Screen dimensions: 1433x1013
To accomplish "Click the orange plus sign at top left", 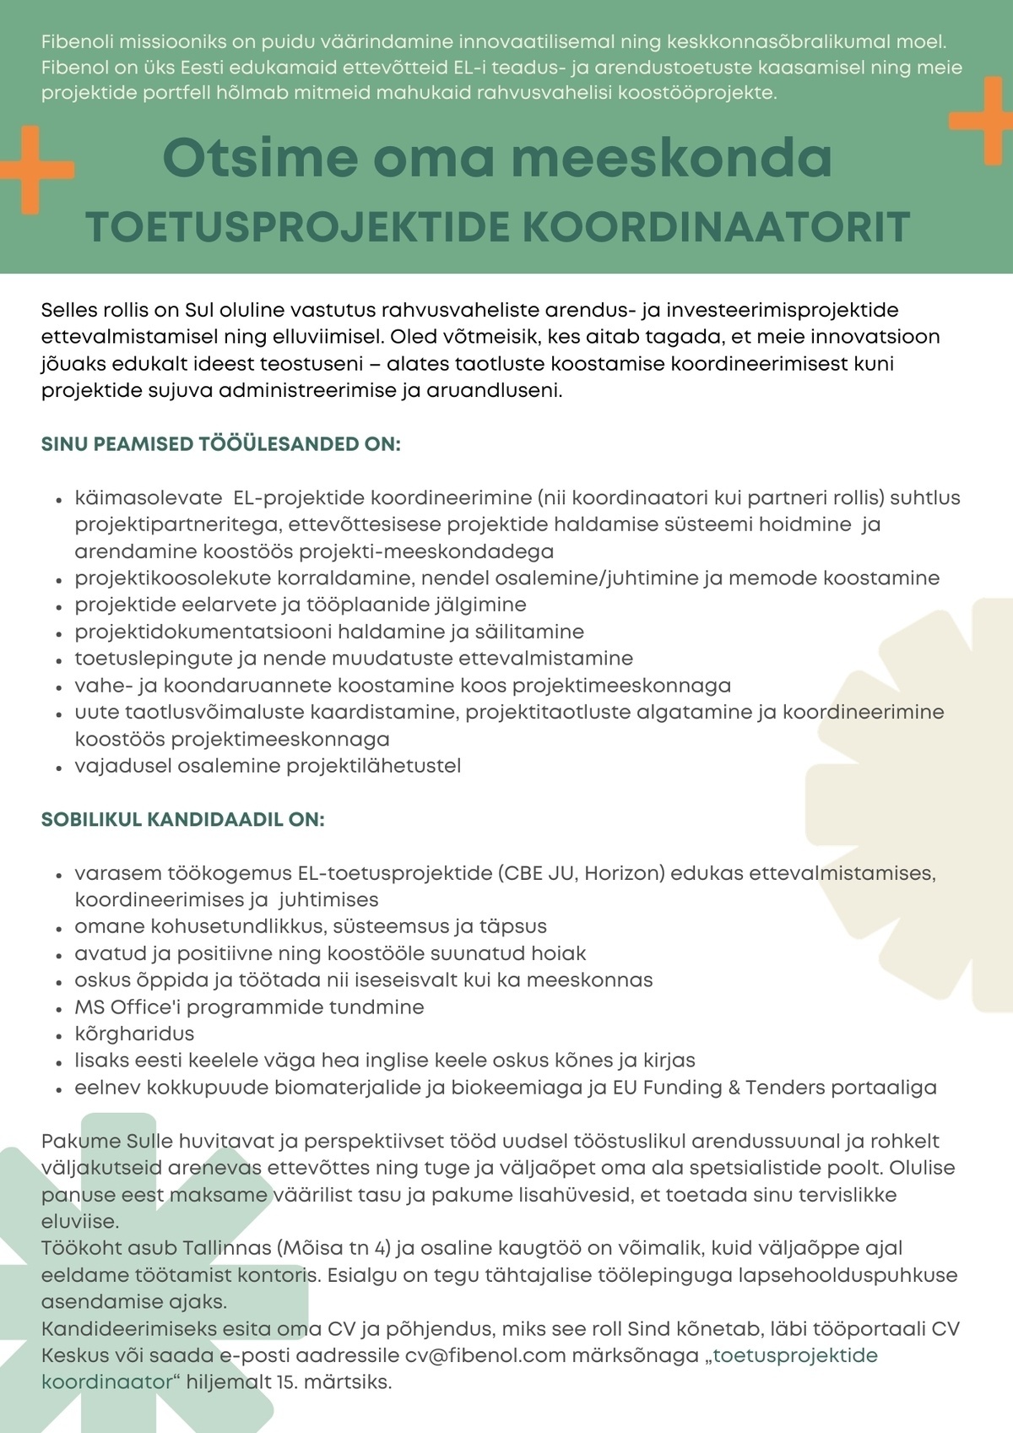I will (34, 169).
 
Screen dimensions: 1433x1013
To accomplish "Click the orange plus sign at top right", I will (984, 120).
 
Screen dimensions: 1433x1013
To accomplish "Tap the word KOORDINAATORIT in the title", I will (716, 227).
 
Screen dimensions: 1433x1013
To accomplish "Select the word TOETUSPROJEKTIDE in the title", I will (298, 227).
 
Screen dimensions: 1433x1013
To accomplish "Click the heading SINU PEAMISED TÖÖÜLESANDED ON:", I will (220, 444).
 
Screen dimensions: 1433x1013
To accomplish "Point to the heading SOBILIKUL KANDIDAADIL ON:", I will (182, 819).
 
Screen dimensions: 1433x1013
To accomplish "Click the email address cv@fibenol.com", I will (485, 1355).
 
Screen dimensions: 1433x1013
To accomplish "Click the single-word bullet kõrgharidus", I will (134, 1034).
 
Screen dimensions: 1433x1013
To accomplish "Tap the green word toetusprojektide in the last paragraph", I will (795, 1355).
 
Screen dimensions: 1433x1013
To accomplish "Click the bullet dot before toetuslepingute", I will (58, 660).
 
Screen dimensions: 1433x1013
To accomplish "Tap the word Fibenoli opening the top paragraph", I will (77, 41).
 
